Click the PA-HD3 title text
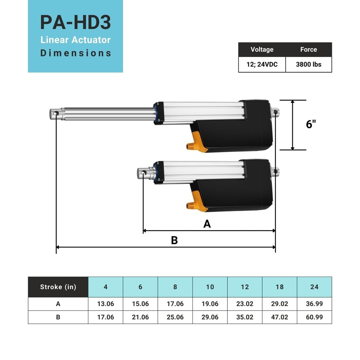coord(75,22)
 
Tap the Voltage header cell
coord(262,49)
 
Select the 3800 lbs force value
coord(308,64)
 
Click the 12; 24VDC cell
coord(262,64)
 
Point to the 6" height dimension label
coord(311,124)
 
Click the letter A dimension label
coord(207,224)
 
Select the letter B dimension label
coord(174,240)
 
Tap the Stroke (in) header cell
coord(58,287)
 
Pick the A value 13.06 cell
coord(105,304)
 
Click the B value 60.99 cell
coord(314,317)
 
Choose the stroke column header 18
coord(279,287)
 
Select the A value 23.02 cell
coord(244,304)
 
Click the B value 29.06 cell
coord(210,317)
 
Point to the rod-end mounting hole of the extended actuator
coord(56,114)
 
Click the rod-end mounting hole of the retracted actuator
coord(143,172)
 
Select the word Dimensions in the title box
coord(76,53)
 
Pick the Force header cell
coord(308,49)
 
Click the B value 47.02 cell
coord(279,317)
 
